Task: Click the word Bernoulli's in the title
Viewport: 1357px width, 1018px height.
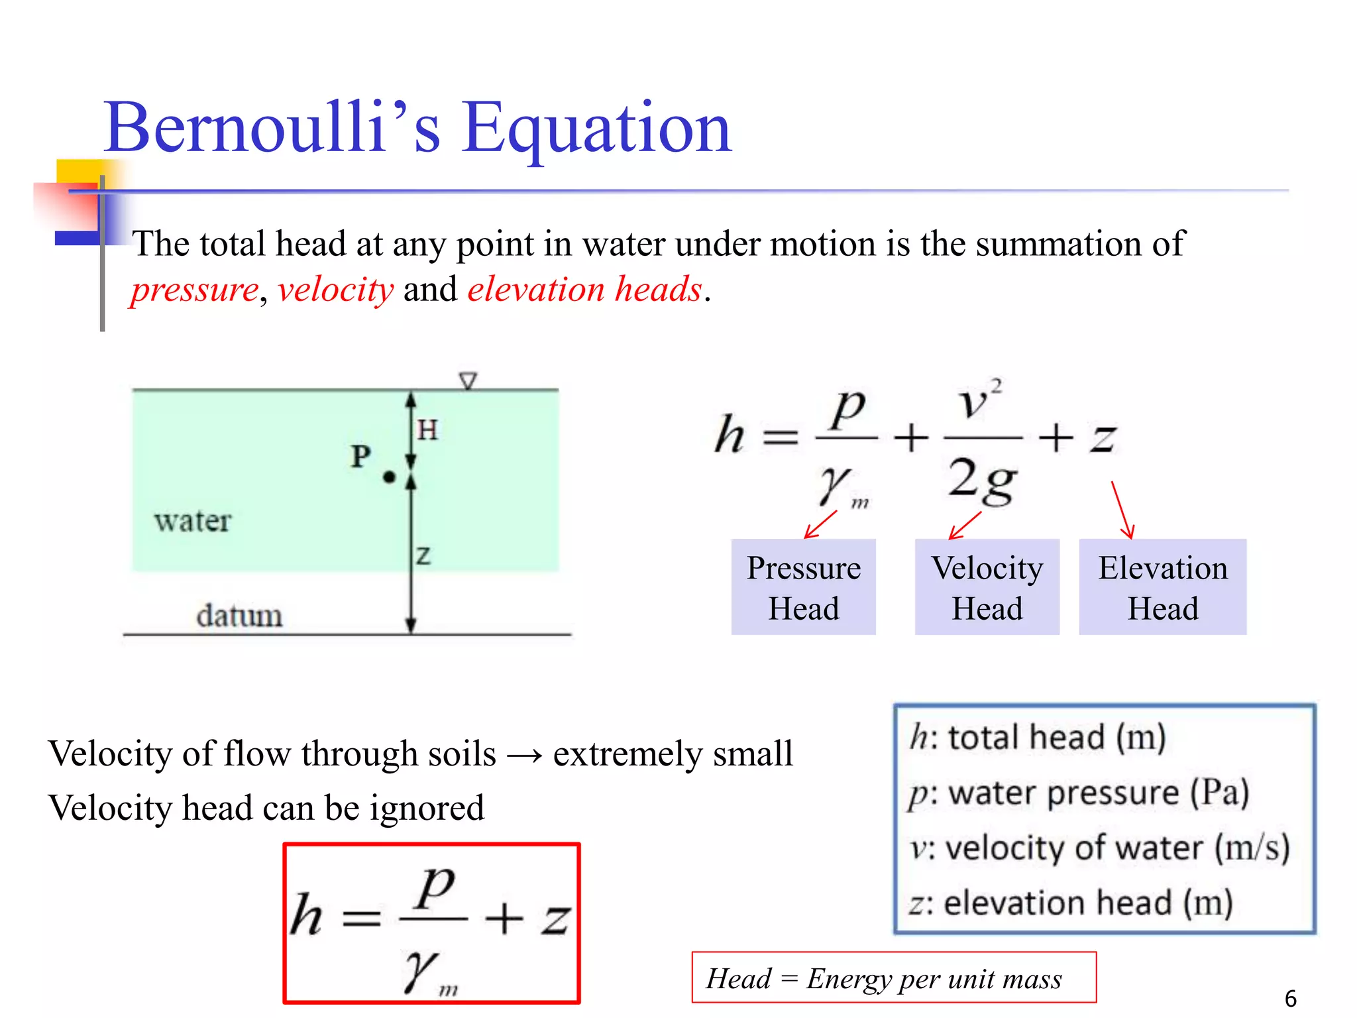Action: pos(272,127)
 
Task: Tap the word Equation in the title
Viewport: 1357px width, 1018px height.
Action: pos(596,129)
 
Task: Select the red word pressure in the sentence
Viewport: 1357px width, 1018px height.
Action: pos(194,290)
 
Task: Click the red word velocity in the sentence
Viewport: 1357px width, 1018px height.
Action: pos(335,290)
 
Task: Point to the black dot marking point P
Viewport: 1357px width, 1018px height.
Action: pos(390,477)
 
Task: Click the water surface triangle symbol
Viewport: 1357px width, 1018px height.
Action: pos(468,381)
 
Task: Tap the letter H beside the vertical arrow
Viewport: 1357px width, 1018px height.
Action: pos(427,430)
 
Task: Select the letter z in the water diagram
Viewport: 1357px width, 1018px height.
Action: pos(423,555)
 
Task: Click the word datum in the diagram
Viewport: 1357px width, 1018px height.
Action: pos(239,616)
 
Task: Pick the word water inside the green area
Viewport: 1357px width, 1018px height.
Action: pos(193,521)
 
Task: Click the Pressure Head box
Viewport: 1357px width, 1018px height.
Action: pos(803,587)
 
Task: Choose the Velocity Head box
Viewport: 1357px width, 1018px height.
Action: pos(987,587)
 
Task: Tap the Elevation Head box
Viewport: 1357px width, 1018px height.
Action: pos(1162,587)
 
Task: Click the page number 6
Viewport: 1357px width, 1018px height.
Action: pos(1290,998)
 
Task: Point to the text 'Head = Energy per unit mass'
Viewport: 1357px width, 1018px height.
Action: pos(884,978)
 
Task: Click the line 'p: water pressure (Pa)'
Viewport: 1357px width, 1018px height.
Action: pos(1079,793)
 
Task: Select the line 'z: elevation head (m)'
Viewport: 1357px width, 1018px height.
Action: pos(1070,903)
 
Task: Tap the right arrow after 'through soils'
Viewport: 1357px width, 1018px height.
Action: pos(524,755)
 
